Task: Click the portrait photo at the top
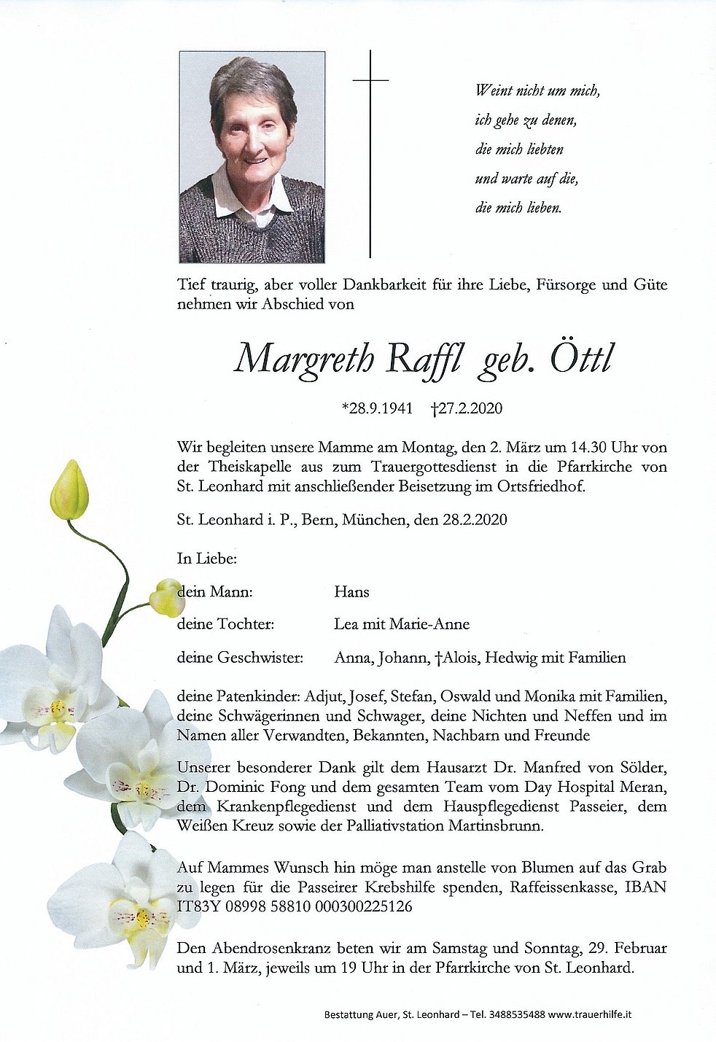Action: (x=252, y=157)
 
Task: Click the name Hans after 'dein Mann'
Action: (x=351, y=592)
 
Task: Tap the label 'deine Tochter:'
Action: (x=225, y=624)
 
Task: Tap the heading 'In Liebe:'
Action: (x=206, y=559)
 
